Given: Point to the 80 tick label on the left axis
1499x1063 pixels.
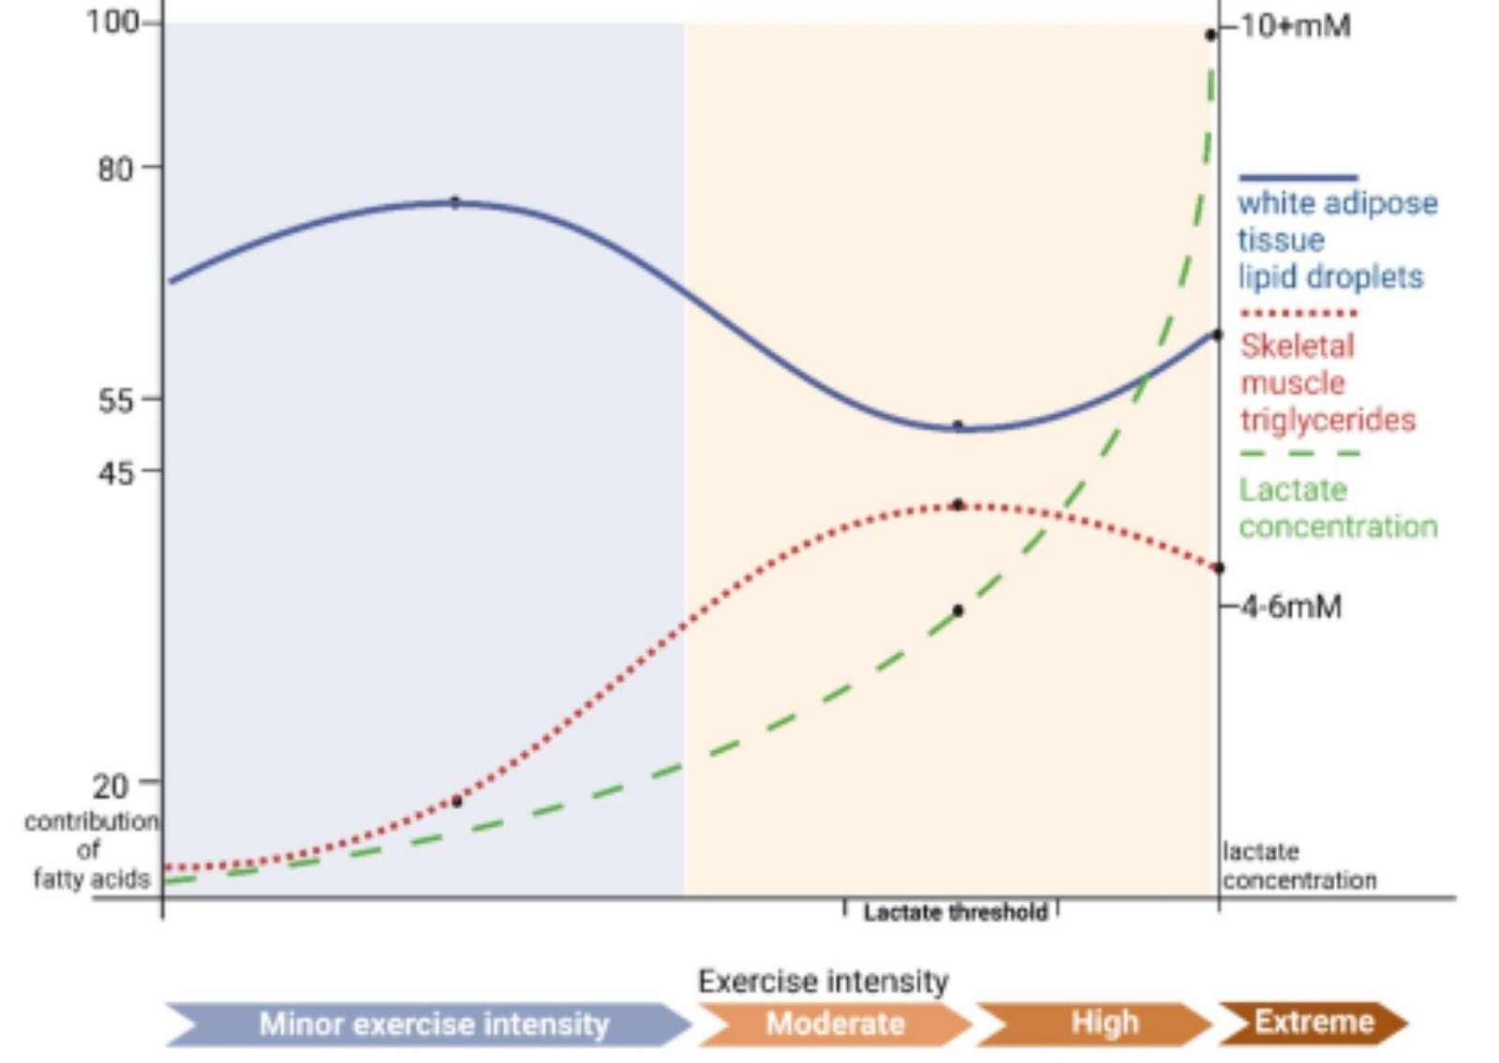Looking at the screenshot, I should point(114,169).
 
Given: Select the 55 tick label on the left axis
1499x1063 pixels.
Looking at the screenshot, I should point(115,401).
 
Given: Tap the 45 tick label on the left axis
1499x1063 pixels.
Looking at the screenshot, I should point(115,472).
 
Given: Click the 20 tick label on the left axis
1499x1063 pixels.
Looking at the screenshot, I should point(110,785).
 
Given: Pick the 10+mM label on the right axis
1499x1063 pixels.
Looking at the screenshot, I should point(1296,26).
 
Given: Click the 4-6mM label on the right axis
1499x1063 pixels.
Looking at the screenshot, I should point(1292,607).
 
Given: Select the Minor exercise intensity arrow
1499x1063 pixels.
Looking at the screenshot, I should point(433,1024).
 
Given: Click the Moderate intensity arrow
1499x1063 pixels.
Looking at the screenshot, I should point(835,1024).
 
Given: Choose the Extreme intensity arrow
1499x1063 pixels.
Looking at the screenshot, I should point(1313,1022).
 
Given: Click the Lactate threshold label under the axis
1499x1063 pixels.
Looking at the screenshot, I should point(955,911).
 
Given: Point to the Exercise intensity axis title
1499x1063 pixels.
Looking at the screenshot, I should point(823,981).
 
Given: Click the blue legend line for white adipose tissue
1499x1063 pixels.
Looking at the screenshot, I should point(1298,177).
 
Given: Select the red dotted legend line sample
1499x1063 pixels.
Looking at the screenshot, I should point(1298,313).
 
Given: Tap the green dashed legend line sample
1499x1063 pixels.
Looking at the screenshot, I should point(1299,453).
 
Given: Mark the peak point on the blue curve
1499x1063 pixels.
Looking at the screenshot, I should point(455,201).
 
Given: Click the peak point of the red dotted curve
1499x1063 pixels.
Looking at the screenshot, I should point(957,505).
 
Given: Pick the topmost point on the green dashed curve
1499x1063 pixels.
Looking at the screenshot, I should point(1210,35).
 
